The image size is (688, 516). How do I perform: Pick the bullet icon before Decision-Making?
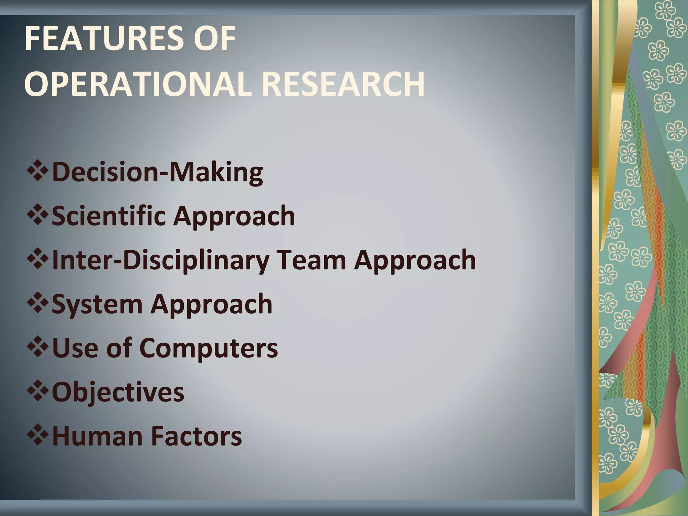tap(38, 171)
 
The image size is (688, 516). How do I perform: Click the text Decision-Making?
tap(157, 172)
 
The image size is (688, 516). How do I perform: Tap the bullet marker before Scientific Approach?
tap(38, 215)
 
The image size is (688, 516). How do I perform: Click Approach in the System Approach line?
tap(212, 304)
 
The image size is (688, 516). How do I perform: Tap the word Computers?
tap(208, 348)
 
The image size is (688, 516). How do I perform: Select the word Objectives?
tap(118, 392)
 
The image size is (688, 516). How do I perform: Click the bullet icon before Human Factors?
tap(38, 435)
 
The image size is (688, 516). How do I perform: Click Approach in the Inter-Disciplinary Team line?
tap(415, 260)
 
